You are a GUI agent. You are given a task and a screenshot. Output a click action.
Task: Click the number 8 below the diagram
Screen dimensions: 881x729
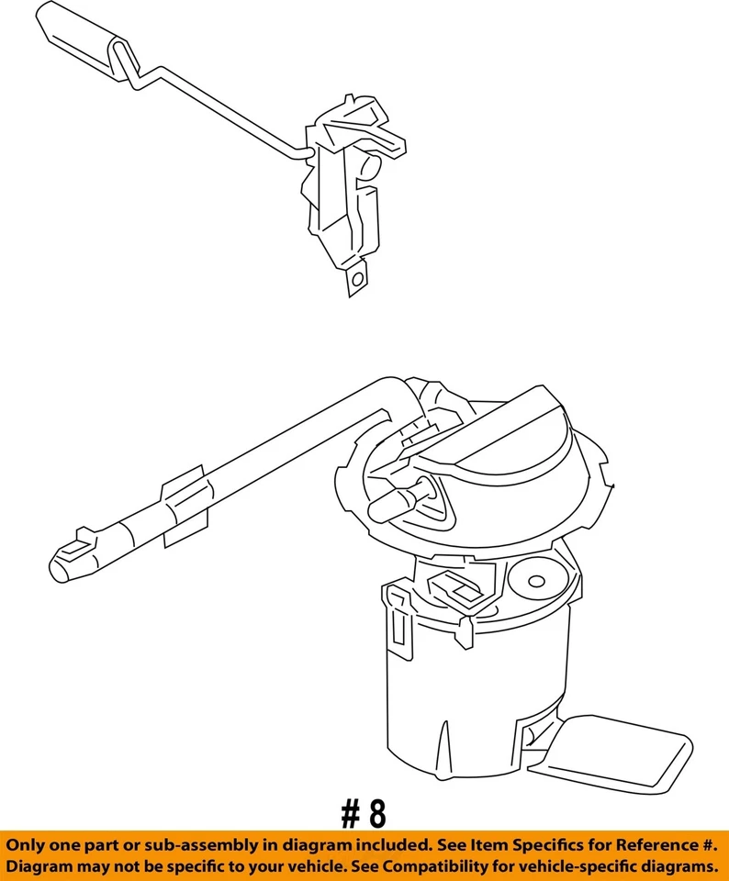(x=376, y=813)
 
